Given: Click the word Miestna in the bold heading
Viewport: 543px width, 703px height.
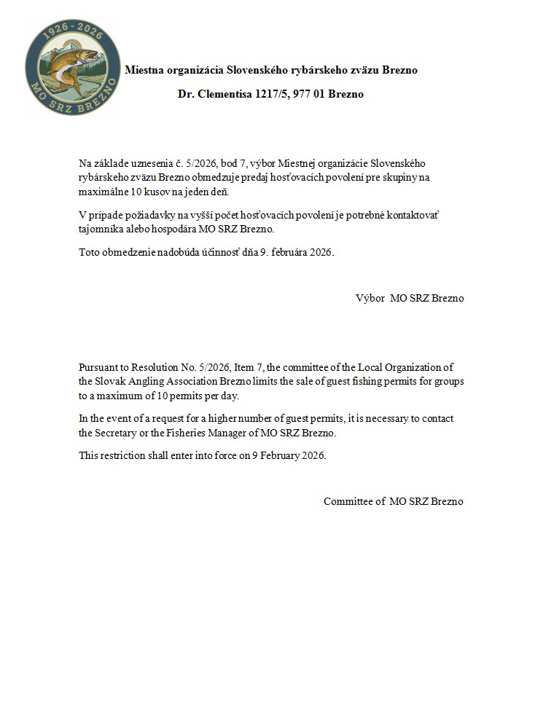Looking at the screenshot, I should pyautogui.click(x=145, y=71).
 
